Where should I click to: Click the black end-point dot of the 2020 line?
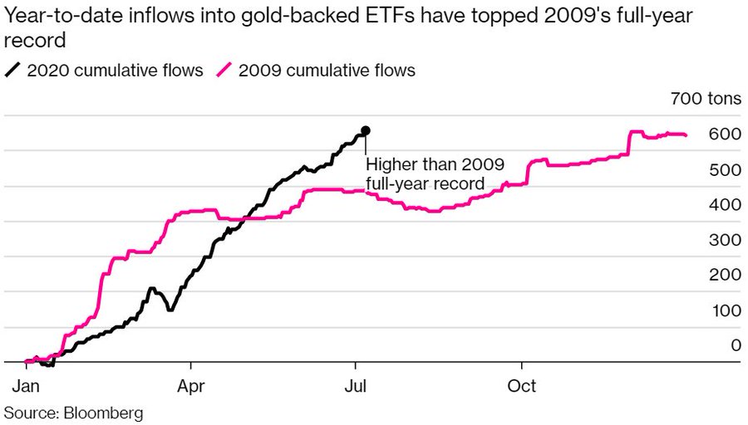tap(365, 131)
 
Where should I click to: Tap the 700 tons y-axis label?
tap(706, 100)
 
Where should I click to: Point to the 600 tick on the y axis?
tap(725, 134)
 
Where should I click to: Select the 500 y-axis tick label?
tap(725, 169)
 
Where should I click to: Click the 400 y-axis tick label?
tap(725, 204)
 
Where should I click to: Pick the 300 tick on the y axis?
tap(725, 240)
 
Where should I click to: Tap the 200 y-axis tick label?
tap(725, 275)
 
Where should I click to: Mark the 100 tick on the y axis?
tap(725, 310)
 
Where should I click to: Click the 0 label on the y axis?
tap(735, 345)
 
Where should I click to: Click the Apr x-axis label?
tap(191, 387)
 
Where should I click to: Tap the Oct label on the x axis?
tap(522, 387)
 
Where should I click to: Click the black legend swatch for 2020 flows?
tap(13, 70)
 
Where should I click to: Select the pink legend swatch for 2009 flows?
tap(224, 70)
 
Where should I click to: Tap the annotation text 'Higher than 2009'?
tap(435, 164)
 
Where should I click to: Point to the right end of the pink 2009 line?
tap(686, 135)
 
